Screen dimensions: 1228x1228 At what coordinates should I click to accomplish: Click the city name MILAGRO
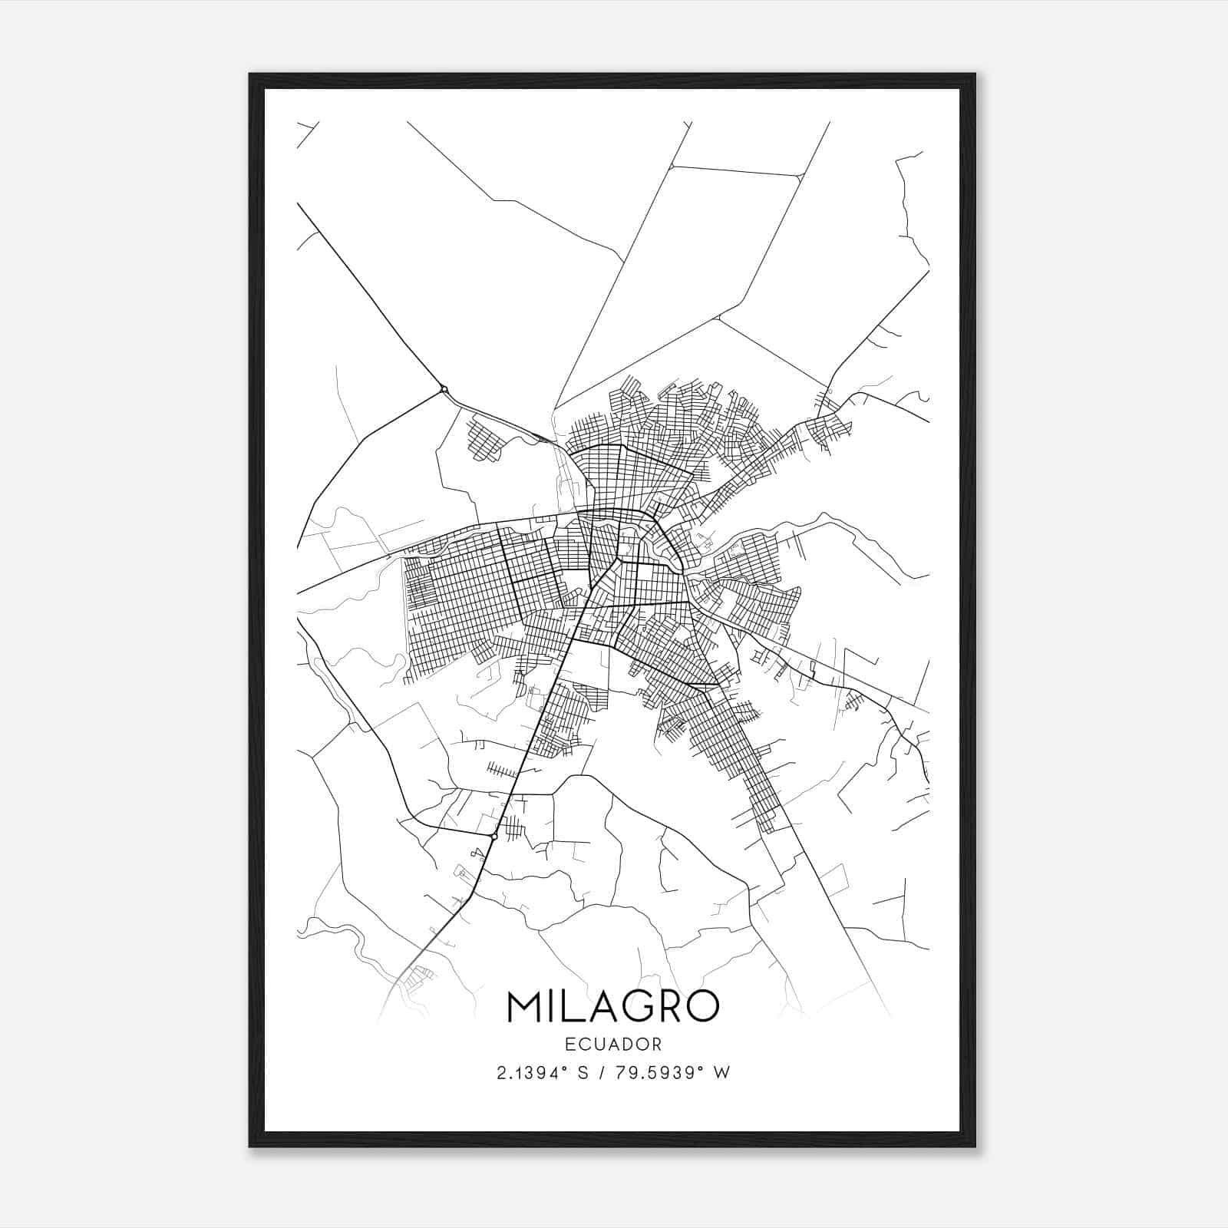[x=613, y=1007]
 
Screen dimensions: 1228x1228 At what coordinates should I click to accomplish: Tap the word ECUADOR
[x=613, y=1044]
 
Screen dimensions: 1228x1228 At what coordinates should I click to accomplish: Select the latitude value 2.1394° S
[x=543, y=1073]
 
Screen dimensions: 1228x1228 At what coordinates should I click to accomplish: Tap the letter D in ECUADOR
[x=629, y=1044]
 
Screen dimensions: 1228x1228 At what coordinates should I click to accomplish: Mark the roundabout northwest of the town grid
[x=444, y=390]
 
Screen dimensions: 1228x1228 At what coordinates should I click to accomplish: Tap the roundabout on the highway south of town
[x=494, y=835]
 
